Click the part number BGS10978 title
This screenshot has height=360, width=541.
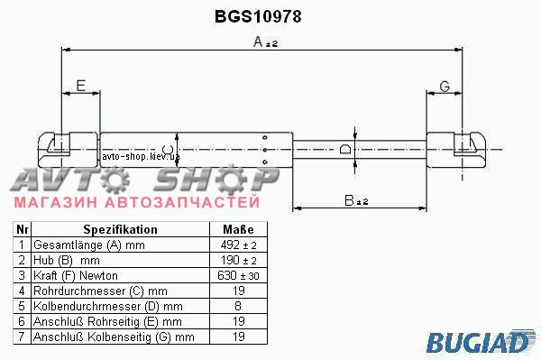point(258,16)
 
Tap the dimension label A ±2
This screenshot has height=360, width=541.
point(265,42)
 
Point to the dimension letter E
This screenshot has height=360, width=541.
point(81,86)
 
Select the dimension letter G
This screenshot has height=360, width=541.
point(445,87)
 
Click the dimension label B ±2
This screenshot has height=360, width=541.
point(356,200)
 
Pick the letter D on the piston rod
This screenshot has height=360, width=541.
point(345,149)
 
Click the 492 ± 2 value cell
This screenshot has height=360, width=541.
point(238,245)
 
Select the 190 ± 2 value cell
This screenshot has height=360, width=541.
point(238,260)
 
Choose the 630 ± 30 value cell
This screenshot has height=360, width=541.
point(238,275)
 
